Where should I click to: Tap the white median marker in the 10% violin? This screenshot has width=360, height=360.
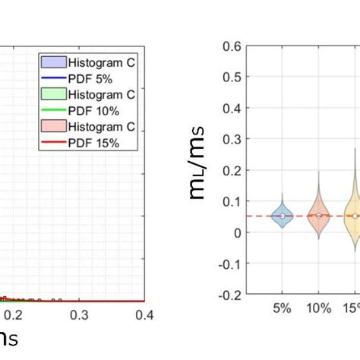pos(318,216)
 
